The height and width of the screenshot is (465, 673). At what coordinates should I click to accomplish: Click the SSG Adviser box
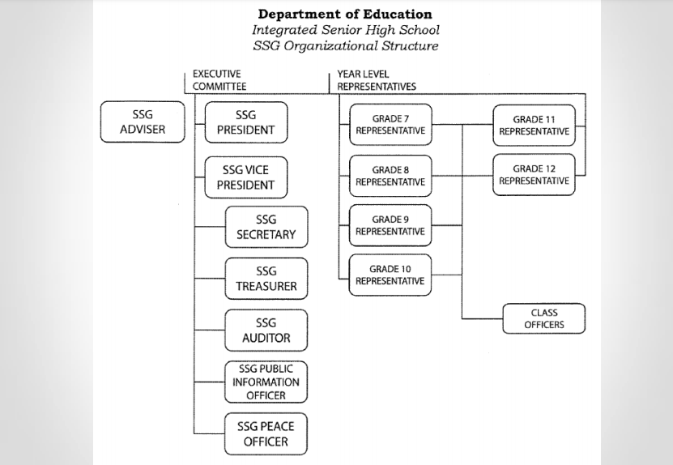(143, 122)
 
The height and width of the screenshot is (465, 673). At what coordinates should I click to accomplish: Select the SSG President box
(246, 122)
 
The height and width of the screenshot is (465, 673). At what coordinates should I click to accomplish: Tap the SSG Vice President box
(246, 177)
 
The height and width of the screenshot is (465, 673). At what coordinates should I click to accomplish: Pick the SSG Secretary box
(266, 227)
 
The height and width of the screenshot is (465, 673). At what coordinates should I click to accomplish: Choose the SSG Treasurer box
(266, 279)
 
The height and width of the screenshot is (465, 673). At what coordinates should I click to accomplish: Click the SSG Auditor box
(266, 331)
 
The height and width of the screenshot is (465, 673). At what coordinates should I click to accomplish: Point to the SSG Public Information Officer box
(266, 382)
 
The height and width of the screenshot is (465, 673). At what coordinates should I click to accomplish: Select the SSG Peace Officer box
(266, 434)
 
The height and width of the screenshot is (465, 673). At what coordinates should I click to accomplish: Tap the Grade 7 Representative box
(390, 125)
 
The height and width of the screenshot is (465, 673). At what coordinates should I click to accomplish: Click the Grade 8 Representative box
(390, 176)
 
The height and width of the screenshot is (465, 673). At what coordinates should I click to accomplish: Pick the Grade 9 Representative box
(390, 225)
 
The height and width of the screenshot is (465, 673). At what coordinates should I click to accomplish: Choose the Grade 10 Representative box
(390, 275)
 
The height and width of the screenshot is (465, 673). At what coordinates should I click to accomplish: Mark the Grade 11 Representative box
(534, 126)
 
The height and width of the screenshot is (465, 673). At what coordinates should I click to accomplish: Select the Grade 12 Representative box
(534, 175)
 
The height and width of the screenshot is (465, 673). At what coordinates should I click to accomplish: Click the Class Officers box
(543, 318)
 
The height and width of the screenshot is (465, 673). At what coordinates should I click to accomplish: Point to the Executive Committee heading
(219, 80)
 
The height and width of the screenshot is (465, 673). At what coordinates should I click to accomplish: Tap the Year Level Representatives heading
(377, 80)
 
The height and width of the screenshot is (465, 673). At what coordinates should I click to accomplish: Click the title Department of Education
(345, 14)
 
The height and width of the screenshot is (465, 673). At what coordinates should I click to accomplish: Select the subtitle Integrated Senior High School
(346, 30)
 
